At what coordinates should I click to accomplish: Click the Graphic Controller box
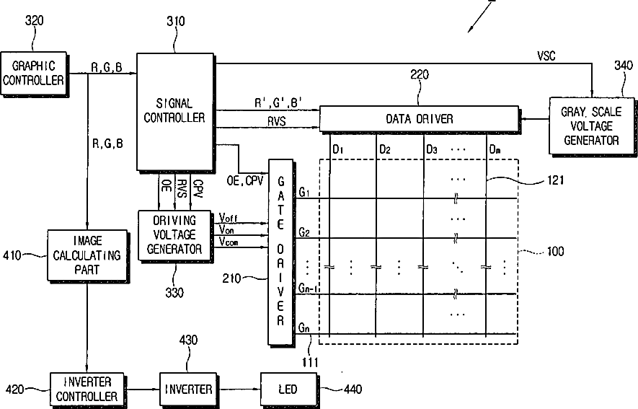click(x=33, y=73)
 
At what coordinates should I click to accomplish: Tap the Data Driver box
click(x=419, y=118)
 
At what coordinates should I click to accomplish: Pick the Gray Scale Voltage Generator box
click(x=590, y=126)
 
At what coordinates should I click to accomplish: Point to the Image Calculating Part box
click(x=87, y=255)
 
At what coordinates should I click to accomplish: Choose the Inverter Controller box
click(x=86, y=390)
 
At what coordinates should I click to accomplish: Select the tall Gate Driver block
click(x=280, y=252)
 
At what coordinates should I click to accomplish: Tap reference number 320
click(x=34, y=22)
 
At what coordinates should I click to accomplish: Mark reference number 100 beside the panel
click(x=555, y=252)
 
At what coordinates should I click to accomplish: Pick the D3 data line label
click(x=432, y=149)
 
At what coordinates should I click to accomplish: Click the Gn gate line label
click(x=304, y=328)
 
